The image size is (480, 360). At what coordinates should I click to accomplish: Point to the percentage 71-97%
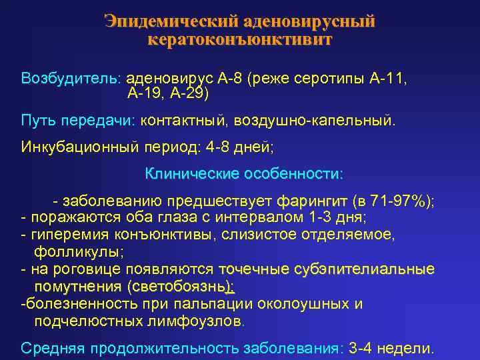coord(397,201)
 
